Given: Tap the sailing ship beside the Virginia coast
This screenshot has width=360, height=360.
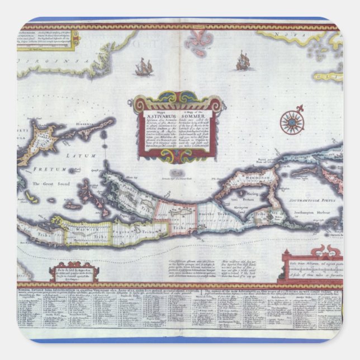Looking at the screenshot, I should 144,68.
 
